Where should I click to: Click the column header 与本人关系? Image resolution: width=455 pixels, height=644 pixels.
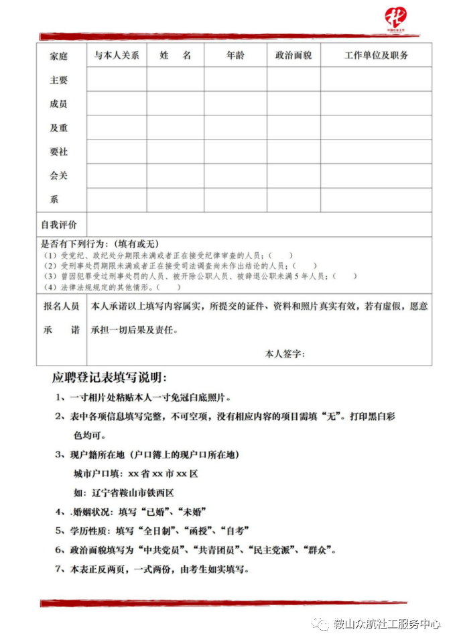pyautogui.click(x=117, y=56)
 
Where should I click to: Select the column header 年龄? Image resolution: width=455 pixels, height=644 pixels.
pyautogui.click(x=235, y=56)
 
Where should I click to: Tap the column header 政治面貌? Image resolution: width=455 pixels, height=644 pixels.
pyautogui.click(x=294, y=56)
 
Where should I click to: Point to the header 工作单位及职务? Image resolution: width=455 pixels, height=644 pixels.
pyautogui.click(x=376, y=56)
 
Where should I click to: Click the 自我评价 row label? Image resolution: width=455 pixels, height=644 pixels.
pyautogui.click(x=60, y=224)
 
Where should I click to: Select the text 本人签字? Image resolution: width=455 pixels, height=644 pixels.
pyautogui.click(x=285, y=354)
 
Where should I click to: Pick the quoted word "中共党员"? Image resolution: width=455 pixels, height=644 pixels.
pyautogui.click(x=159, y=550)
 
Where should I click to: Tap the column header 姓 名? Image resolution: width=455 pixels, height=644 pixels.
pyautogui.click(x=176, y=56)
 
